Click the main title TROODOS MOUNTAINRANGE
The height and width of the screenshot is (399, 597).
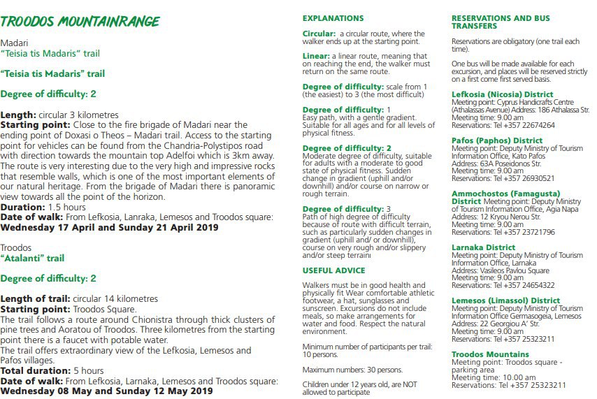(x=80, y=21)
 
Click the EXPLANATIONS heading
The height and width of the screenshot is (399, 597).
(x=333, y=18)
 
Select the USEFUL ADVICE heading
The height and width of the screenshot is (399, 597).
(x=333, y=270)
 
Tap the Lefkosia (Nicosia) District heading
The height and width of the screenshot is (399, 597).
(x=502, y=94)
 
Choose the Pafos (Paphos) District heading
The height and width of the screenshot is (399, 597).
(x=497, y=140)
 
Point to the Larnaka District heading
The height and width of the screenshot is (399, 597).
(x=484, y=247)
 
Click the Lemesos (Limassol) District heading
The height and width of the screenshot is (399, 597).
(x=505, y=300)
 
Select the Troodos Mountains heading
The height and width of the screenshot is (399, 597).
(x=490, y=354)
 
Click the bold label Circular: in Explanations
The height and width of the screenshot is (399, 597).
(x=319, y=34)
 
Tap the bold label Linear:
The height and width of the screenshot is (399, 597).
(x=316, y=56)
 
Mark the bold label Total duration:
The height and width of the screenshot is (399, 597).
(x=31, y=370)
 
